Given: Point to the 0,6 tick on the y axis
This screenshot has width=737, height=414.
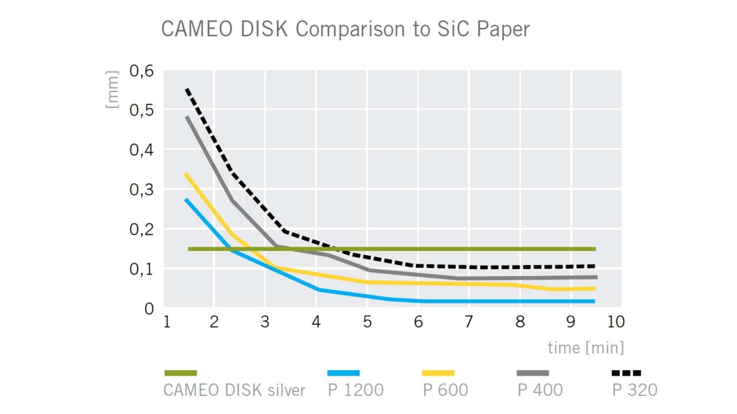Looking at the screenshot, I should coord(142,72).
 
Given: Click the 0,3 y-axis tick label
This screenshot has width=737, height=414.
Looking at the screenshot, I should coord(142,189).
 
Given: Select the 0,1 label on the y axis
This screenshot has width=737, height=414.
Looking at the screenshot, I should coord(142,269).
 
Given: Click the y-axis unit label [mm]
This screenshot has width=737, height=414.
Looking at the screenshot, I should coord(113,90).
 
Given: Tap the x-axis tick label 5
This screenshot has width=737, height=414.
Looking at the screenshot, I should coord(367,322).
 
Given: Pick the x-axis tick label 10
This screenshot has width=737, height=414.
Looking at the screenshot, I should coord(615,322).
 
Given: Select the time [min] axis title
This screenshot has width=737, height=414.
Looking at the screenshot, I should coord(586,348).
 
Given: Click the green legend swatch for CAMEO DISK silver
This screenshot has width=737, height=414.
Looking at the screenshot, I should coord(180,373).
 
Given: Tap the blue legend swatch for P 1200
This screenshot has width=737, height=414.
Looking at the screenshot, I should coord(343,373).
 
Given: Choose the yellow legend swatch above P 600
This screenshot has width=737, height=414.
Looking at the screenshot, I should coord(438,373).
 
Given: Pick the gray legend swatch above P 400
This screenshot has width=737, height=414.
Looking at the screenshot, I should coord(533,373).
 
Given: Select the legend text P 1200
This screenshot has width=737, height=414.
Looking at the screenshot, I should coord(356,390).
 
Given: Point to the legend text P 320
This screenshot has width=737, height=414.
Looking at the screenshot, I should coord(635,390).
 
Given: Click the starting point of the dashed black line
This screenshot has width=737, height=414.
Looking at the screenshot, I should coord(187,89).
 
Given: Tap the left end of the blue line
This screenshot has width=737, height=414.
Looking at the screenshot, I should coord(186,200).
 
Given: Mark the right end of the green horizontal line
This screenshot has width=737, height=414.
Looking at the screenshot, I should coord(595,249).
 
